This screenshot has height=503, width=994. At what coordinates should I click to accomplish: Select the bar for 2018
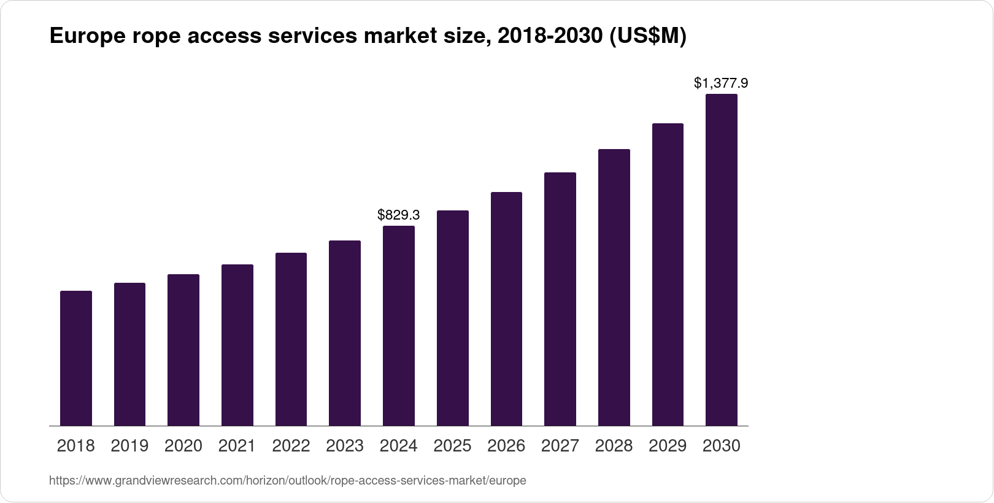[x=76, y=358]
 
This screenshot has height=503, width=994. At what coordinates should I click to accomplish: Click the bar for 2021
[x=237, y=345]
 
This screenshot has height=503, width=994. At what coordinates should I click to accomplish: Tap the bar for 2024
[x=399, y=326]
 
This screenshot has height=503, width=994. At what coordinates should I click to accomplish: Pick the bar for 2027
[x=560, y=299]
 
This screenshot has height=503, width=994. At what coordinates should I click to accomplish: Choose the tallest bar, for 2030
[x=722, y=260]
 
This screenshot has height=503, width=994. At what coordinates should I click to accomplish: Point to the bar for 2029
[x=668, y=274]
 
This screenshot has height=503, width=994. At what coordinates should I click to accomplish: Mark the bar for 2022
[x=291, y=339]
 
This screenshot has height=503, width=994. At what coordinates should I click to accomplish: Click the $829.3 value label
[x=399, y=215]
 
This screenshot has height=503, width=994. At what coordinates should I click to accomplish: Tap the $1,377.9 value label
[x=721, y=83]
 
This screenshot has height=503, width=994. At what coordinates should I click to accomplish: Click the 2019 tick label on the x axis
[x=129, y=446]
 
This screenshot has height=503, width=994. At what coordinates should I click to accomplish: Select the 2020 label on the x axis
[x=183, y=446]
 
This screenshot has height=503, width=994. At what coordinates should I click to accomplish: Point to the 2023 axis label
[x=345, y=446]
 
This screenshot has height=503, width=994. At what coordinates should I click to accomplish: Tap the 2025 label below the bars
[x=452, y=446]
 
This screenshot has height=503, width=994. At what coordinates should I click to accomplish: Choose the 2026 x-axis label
[x=506, y=446]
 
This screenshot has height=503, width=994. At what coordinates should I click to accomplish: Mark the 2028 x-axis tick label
[x=614, y=446]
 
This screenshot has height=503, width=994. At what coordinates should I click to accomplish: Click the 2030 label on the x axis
[x=722, y=446]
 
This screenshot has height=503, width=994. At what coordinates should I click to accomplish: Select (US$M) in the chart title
[x=648, y=37]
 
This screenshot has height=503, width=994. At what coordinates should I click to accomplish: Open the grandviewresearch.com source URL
[x=287, y=481]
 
